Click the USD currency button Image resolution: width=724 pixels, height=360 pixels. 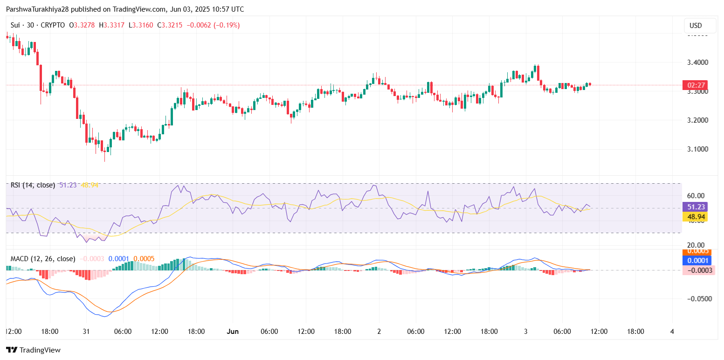coord(696,25)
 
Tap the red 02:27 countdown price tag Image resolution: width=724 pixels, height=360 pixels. coord(695,85)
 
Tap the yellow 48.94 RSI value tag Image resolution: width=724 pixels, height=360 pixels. coord(695,217)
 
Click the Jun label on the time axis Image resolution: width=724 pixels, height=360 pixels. coord(233,332)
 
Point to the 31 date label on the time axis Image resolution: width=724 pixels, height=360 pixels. coord(86,332)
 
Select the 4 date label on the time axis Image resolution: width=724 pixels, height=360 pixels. coord(672,332)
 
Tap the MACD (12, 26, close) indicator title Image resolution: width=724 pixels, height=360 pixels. coord(43,258)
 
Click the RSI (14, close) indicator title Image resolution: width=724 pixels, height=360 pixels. coord(33,185)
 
